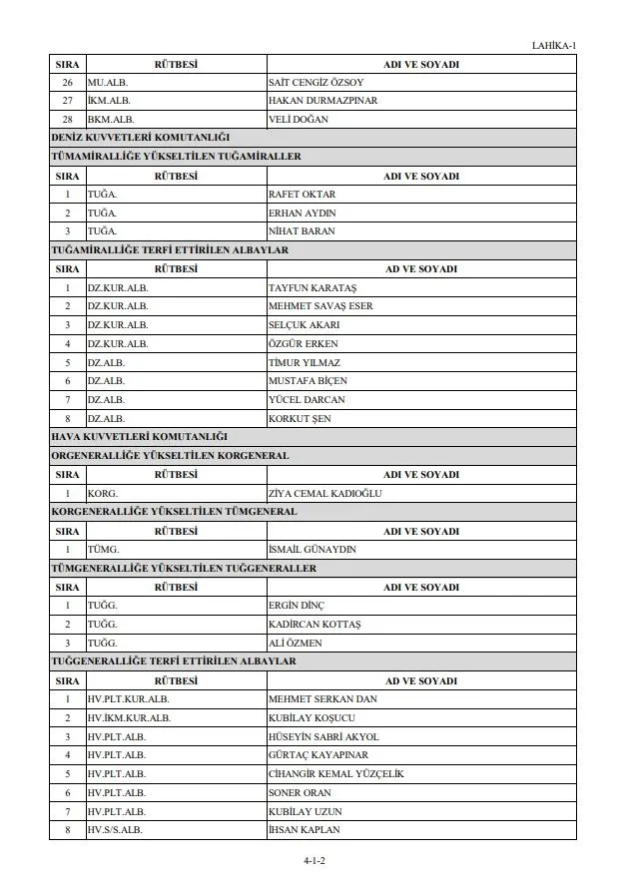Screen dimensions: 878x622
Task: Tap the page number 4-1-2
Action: (314, 860)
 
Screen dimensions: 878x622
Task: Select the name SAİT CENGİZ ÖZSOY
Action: (315, 82)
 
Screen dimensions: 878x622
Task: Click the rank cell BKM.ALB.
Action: (110, 120)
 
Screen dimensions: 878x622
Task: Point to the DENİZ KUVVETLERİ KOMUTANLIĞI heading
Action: (141, 138)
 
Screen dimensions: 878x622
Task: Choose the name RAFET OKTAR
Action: (303, 195)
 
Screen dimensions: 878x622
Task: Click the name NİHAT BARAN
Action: (302, 231)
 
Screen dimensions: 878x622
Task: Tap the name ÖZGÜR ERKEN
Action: (304, 344)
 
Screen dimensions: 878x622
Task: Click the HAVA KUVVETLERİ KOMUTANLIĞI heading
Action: (140, 437)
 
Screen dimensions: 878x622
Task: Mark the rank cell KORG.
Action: (103, 493)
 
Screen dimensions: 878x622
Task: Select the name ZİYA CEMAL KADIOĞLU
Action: (325, 493)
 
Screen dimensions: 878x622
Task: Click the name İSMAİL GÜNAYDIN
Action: (312, 550)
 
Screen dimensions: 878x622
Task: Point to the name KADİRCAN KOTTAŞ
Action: (314, 625)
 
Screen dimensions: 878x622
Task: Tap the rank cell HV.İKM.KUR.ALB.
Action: (129, 717)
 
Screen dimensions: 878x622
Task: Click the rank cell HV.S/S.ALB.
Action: (116, 830)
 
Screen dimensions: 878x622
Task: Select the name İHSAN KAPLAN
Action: (305, 830)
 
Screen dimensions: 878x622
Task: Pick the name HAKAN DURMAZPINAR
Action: (322, 101)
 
